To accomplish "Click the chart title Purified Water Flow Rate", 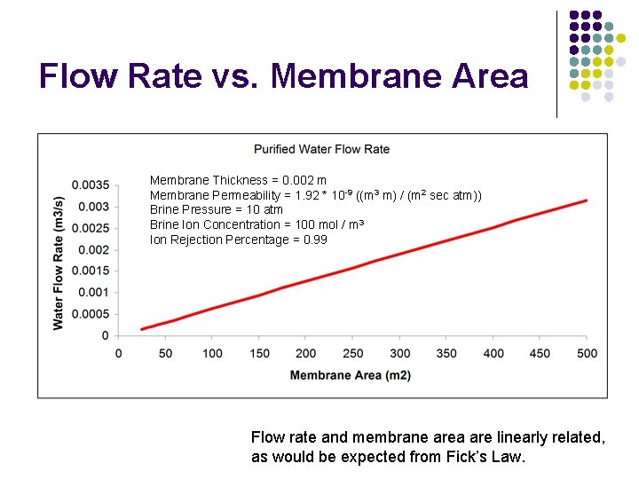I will tap(321, 149).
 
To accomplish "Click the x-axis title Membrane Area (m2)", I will tap(351, 375).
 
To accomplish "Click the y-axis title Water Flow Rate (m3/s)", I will tap(59, 263).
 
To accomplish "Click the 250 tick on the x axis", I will tap(352, 353).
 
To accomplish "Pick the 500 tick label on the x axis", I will tap(587, 353).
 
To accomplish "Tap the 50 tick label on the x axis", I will tap(165, 353).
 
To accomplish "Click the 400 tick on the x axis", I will tap(493, 353).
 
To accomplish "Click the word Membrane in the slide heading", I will tap(355, 76).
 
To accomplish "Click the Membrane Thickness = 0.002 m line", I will tap(238, 180).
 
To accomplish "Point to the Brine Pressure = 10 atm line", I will tap(217, 209).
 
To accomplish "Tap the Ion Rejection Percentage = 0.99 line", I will tap(238, 239).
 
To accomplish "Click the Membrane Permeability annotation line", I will tap(315, 195).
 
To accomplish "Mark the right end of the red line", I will tap(587, 200).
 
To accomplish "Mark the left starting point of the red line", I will tap(142, 329).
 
